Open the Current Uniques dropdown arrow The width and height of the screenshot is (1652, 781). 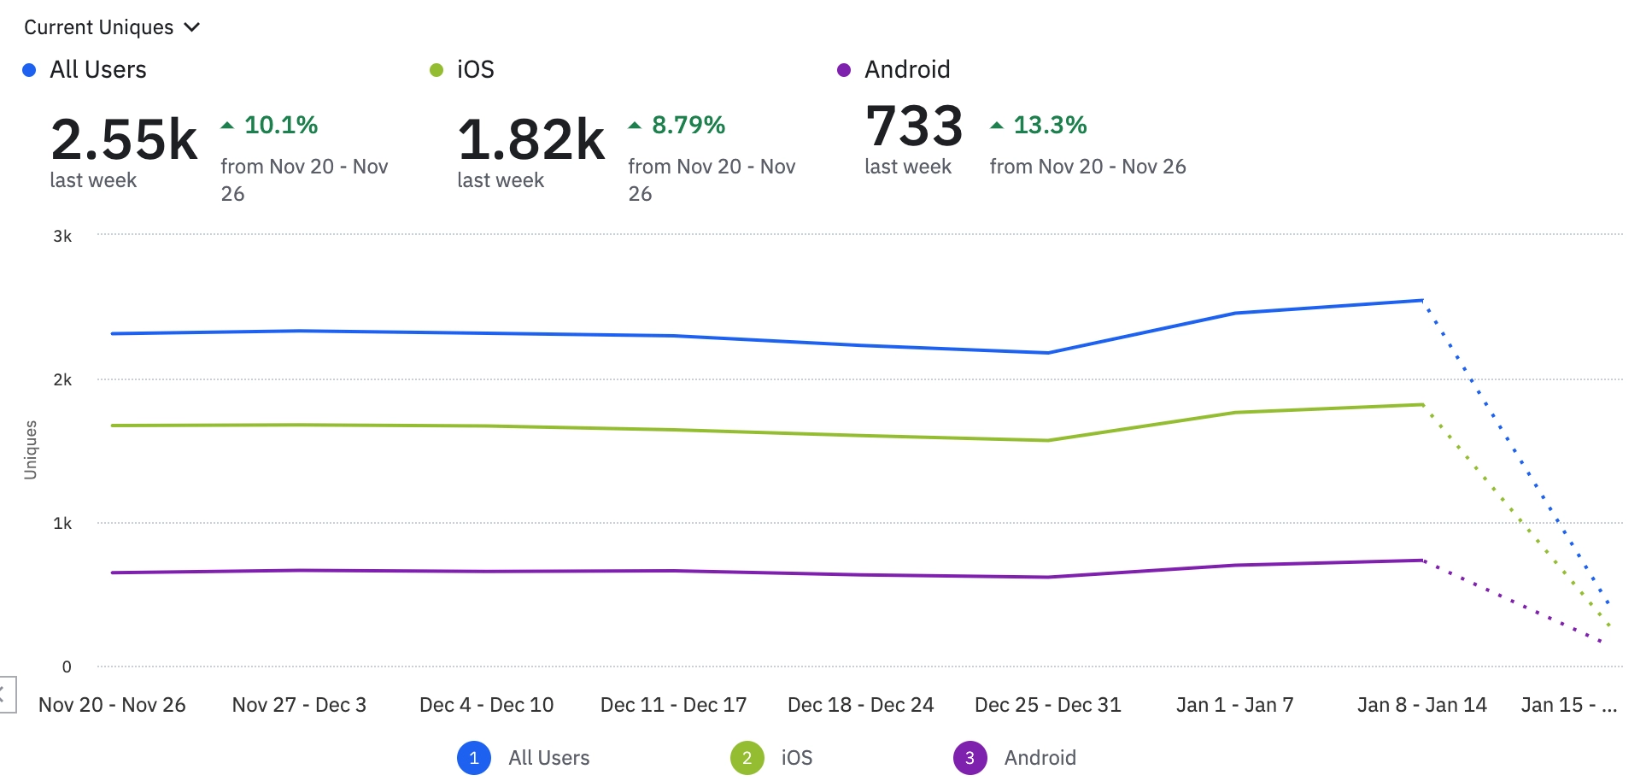coord(192,27)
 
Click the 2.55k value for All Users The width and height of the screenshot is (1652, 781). coord(124,140)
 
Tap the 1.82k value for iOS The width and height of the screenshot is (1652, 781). coord(531,140)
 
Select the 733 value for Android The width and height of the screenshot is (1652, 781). coord(914,126)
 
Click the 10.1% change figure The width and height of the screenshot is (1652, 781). coord(280,126)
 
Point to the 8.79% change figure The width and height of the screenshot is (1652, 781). coord(688,126)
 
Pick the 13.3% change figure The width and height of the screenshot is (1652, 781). coord(1049,126)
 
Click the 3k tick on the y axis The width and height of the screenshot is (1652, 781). coord(62,237)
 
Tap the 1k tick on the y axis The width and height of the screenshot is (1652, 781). coord(62,524)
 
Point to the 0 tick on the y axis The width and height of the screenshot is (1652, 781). coord(67,667)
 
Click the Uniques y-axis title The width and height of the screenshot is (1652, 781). coord(31,449)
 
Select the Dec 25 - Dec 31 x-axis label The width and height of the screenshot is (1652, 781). coord(1047,705)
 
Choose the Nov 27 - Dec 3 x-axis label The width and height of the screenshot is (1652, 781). coord(299,705)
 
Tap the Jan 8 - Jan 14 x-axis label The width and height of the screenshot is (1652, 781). coord(1421,705)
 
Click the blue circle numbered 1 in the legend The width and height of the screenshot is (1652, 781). coord(474,758)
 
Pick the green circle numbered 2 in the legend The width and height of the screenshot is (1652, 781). coord(747,758)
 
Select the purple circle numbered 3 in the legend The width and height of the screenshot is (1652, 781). coord(970,758)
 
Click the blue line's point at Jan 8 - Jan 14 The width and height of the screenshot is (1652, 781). coord(1422,300)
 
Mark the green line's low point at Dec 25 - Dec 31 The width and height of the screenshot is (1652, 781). coord(1048,441)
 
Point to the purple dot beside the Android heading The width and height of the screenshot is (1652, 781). coord(844,70)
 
